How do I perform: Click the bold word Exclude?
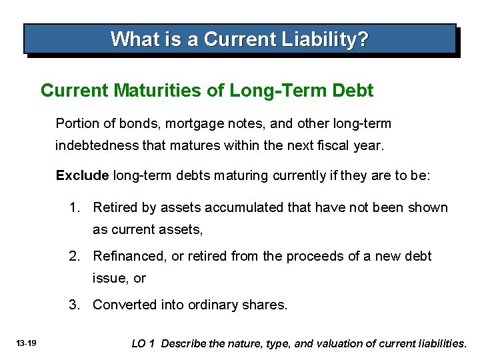tap(82, 175)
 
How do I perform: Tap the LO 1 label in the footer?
tap(143, 343)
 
